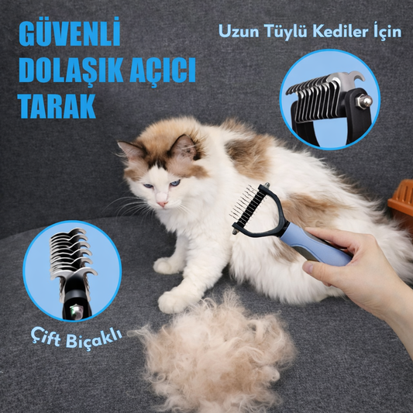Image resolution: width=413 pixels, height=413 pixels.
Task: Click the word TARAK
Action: point(57,106)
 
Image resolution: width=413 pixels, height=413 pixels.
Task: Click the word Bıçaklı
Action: point(94,339)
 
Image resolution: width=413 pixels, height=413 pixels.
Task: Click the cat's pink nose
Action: point(162,203)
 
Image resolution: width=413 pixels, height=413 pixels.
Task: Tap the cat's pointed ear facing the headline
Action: point(130,150)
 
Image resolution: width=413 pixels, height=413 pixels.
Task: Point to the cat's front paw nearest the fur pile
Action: point(174,301)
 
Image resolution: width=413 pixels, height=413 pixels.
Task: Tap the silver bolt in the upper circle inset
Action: point(365,102)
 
